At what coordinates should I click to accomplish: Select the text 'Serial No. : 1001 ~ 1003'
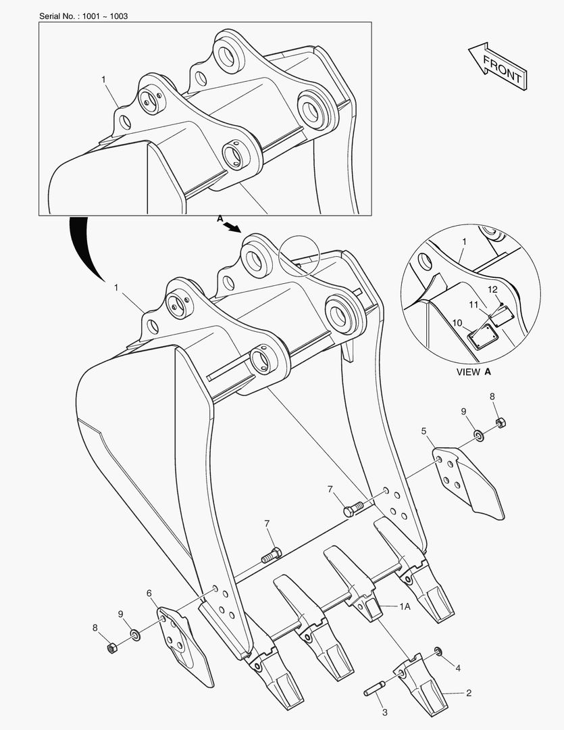click(83, 16)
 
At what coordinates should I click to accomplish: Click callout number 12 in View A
click(493, 289)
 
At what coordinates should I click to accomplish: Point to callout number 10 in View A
click(457, 323)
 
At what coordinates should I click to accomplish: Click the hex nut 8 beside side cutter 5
click(501, 424)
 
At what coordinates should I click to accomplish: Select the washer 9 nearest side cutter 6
click(135, 635)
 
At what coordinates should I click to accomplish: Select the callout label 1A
click(404, 607)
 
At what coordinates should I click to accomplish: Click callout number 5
click(424, 431)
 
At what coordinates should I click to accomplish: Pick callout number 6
click(149, 593)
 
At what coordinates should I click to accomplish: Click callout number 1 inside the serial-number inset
click(103, 79)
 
